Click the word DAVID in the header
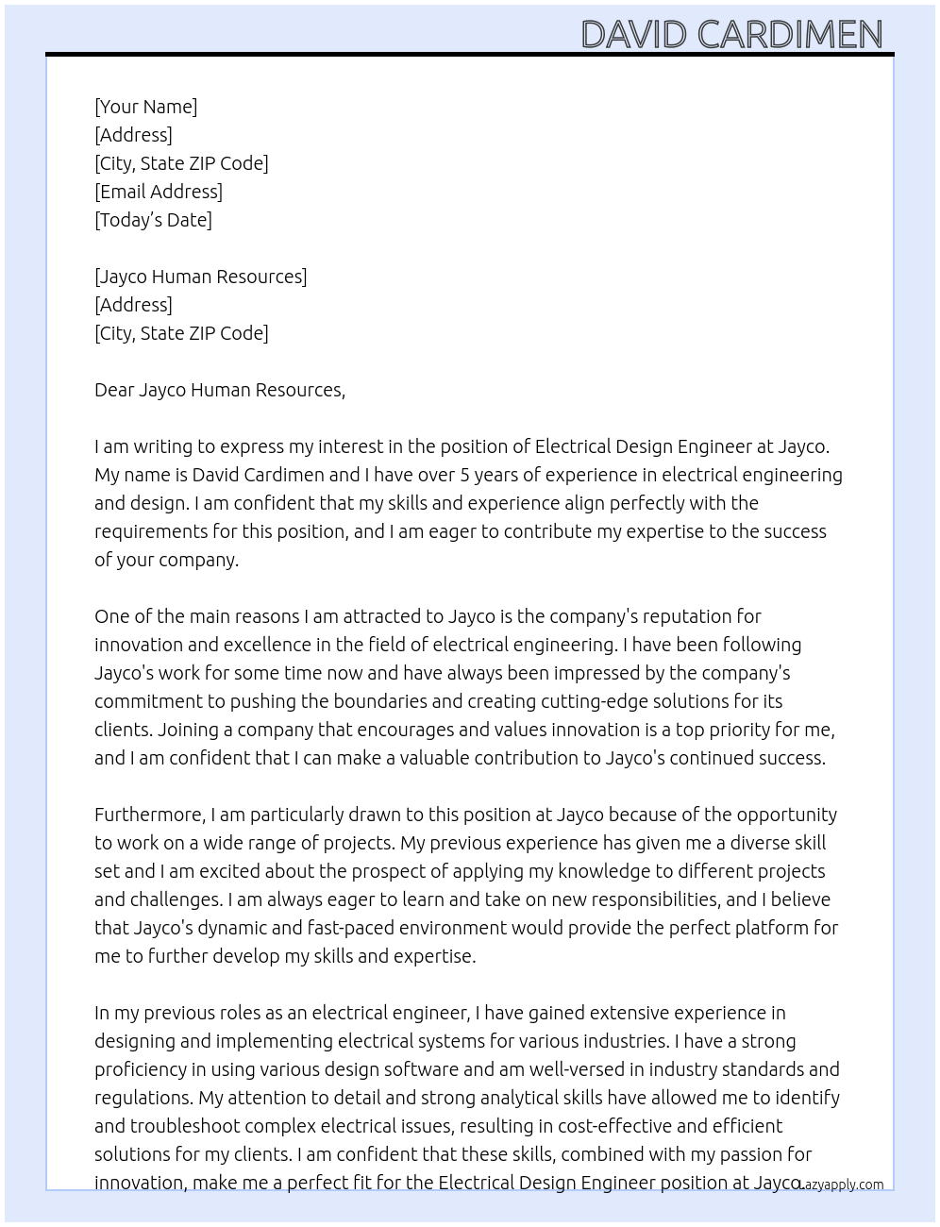tap(633, 35)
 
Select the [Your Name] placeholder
tap(145, 107)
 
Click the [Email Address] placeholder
tap(159, 192)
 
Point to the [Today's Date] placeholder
tap(153, 220)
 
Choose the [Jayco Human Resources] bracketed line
tap(200, 277)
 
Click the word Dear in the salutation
tap(113, 390)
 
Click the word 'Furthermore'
tap(149, 815)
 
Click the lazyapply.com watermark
tap(841, 1185)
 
